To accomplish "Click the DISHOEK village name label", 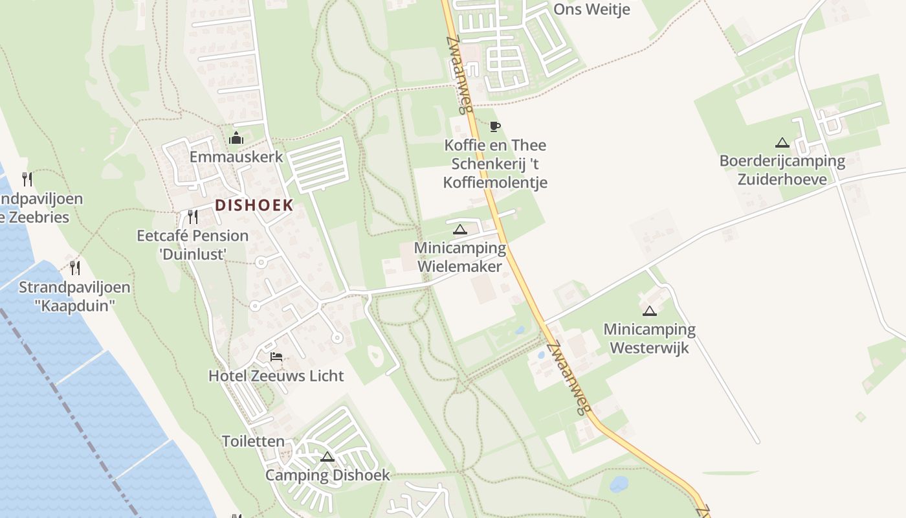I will click(254, 205).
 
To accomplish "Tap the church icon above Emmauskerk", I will click(236, 138).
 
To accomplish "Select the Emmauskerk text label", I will click(236, 157).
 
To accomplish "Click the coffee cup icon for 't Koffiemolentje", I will click(495, 126).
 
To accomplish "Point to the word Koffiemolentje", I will click(495, 183).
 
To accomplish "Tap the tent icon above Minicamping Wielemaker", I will click(459, 229).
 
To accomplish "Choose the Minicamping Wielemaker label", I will click(459, 257).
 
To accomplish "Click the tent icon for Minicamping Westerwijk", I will click(650, 311).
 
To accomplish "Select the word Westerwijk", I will click(650, 348).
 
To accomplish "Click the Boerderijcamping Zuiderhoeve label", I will click(782, 170).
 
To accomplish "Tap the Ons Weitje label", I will click(591, 9).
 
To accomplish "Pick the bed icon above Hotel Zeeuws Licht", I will click(276, 357).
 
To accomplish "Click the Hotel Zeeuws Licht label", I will click(276, 376).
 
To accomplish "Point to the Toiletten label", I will click(253, 442).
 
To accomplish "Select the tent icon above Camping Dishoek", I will click(327, 457).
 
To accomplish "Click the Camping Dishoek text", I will click(327, 475).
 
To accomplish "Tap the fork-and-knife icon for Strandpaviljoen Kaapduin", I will click(75, 267).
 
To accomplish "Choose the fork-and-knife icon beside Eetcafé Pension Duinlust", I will click(192, 216).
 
